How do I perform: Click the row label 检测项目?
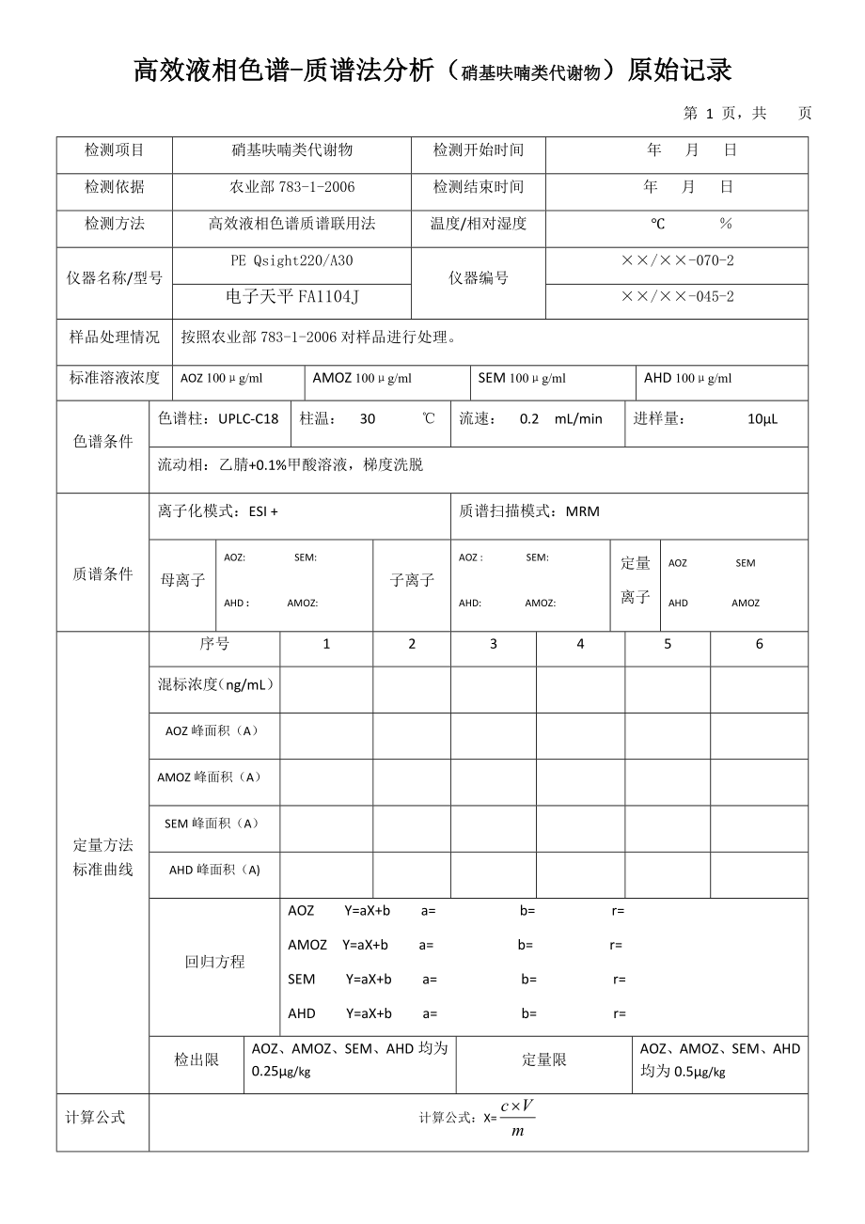point(115,150)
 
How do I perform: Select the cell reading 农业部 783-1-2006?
point(292,187)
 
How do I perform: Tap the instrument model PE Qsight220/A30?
point(292,261)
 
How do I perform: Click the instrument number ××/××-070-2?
point(677,261)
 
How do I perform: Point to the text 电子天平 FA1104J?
point(292,297)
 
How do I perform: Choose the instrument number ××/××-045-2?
point(677,297)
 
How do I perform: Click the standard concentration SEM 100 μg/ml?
point(522,378)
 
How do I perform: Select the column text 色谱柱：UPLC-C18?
point(218,419)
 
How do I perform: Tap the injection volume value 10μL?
point(763,419)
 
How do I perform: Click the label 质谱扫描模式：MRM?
point(529,511)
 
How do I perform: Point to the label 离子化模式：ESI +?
point(218,511)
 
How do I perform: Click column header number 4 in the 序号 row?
point(580,644)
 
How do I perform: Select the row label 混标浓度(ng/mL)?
point(215,684)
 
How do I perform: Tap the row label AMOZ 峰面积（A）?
point(209,777)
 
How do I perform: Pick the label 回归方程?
point(214,962)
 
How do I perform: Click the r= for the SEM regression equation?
point(620,980)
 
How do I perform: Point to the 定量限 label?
point(544,1059)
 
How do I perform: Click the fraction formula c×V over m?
point(518,1118)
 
